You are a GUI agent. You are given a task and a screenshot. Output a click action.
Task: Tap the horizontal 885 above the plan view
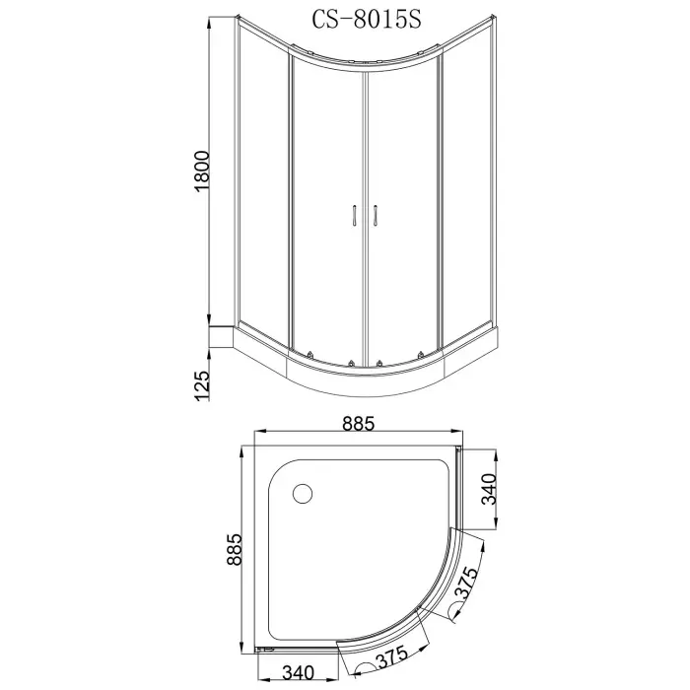coord(359,425)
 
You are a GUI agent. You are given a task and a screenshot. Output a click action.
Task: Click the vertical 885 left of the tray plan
coord(234,558)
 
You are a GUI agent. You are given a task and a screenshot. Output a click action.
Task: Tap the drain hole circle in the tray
coord(303,491)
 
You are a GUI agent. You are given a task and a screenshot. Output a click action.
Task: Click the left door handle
coord(354,216)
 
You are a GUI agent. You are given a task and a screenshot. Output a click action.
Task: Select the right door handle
coord(375,216)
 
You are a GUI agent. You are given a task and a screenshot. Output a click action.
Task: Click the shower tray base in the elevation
coord(365,375)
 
